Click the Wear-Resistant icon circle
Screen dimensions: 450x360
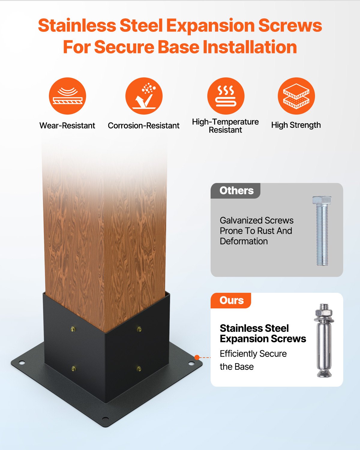click(x=67, y=96)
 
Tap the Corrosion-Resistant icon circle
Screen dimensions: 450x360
click(x=144, y=96)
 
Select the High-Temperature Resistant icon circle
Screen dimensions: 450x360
click(x=226, y=96)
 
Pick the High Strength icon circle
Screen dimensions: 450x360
click(x=296, y=96)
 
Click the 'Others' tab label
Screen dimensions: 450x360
click(x=236, y=191)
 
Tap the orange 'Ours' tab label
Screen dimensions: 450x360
click(x=231, y=301)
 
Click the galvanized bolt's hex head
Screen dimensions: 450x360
click(x=322, y=200)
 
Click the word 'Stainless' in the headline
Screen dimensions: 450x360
click(x=77, y=25)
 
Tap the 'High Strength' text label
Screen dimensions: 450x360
click(x=296, y=125)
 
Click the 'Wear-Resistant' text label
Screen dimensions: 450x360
click(x=67, y=125)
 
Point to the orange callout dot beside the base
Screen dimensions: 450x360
click(x=197, y=357)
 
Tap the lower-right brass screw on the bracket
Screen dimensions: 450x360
click(x=139, y=368)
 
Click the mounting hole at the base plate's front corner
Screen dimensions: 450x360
click(x=105, y=418)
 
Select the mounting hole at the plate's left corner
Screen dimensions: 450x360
click(x=21, y=363)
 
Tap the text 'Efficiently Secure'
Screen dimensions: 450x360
click(x=253, y=354)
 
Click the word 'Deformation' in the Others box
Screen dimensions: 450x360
click(x=244, y=241)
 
